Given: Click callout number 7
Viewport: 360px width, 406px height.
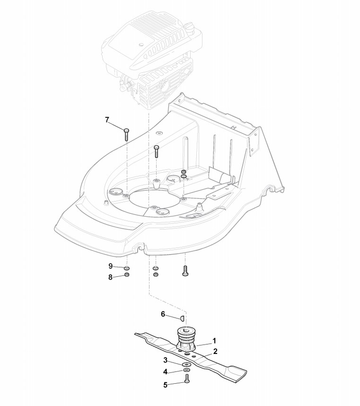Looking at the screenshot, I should (107, 120).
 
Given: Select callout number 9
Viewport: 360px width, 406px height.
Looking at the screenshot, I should (111, 266).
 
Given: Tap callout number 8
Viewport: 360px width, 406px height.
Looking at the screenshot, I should (111, 277).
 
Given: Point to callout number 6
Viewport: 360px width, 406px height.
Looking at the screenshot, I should (163, 314).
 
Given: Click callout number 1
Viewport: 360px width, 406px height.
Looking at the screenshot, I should (214, 340).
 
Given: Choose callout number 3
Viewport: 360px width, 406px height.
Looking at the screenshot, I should (166, 361).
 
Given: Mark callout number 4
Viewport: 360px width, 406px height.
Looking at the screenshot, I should (166, 371).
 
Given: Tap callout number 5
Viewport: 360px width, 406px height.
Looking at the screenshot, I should (166, 385).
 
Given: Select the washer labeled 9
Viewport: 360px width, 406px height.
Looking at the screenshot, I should (127, 268).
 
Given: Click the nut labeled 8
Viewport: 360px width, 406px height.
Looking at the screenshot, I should (127, 275).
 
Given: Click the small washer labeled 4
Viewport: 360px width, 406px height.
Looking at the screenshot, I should (185, 371).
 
